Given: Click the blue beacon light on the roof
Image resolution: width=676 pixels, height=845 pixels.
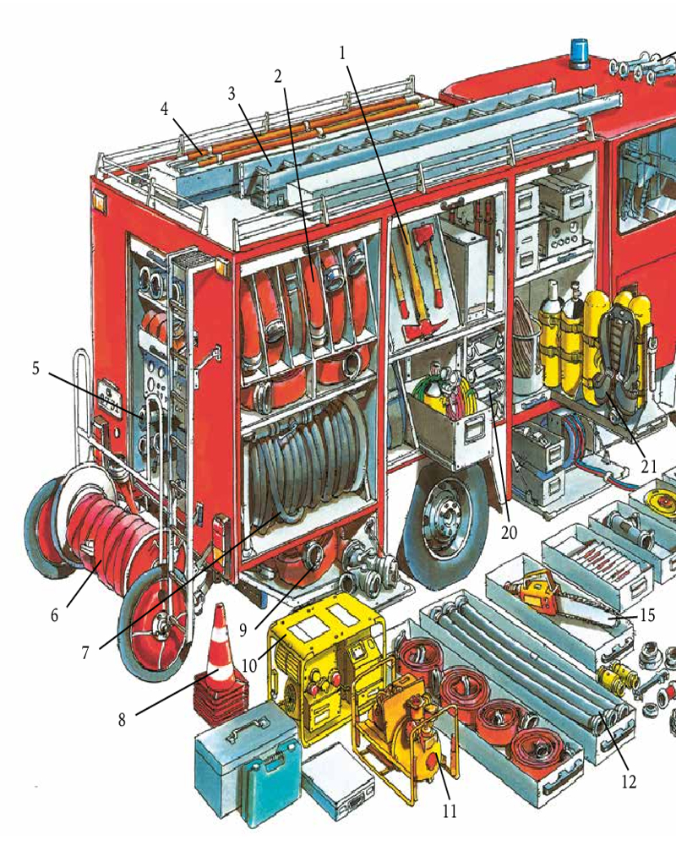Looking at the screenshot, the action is point(580,54).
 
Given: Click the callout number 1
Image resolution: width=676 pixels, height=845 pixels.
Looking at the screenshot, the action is point(342,52).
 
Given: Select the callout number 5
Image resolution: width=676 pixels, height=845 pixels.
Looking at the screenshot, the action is point(35,369).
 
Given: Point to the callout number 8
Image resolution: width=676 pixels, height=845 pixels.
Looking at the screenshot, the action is point(122,719).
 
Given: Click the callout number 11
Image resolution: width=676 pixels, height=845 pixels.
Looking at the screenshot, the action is point(450,810).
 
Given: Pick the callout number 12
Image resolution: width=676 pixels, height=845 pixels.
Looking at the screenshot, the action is point(629,782).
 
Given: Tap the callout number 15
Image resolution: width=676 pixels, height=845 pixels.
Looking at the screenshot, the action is point(647,615).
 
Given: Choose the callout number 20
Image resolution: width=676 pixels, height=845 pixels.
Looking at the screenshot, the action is point(509,532).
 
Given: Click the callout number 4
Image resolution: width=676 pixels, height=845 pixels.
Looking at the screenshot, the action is point(165,109).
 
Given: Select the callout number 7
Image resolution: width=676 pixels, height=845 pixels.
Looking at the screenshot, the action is point(85,652).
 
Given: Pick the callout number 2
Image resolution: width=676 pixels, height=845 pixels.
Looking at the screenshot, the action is point(278,77).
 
